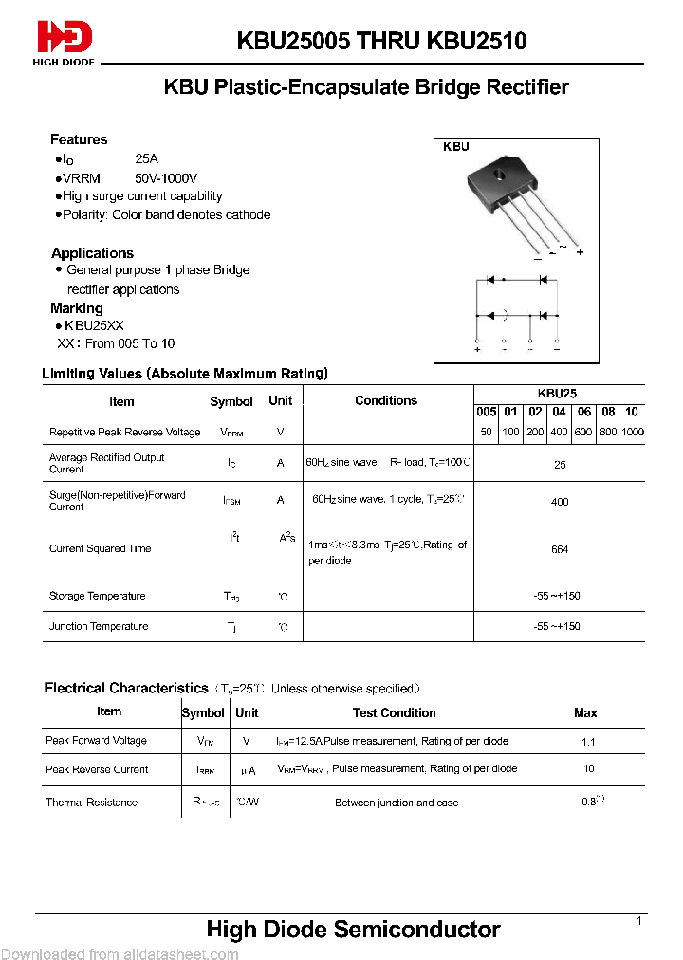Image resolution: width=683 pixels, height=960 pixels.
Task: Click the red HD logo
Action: (65, 38)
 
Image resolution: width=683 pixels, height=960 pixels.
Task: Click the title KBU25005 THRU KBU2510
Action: (381, 41)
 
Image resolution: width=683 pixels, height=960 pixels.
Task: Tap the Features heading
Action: (79, 139)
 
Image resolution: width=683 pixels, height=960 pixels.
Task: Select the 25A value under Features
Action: (147, 160)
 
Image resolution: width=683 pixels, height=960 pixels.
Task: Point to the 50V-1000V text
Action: (166, 178)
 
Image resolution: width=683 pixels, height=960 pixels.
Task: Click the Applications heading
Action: (92, 253)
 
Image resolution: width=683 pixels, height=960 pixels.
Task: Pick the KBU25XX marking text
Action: (94, 325)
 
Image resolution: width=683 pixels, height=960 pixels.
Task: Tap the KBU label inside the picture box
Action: (456, 147)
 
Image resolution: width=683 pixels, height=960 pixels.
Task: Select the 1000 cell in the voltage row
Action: (632, 432)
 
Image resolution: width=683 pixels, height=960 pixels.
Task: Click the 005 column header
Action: (486, 412)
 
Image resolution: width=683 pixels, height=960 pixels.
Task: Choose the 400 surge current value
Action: (560, 502)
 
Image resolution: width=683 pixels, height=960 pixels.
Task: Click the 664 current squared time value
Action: (560, 549)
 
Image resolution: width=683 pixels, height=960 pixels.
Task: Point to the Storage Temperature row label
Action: (97, 596)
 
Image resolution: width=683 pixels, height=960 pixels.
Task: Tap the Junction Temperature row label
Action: (99, 626)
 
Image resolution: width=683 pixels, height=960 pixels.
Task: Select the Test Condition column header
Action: (394, 712)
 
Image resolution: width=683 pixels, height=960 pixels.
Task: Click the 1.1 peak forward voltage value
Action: (589, 742)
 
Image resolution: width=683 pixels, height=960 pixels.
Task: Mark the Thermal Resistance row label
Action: (91, 803)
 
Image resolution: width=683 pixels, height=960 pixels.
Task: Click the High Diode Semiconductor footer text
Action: (353, 930)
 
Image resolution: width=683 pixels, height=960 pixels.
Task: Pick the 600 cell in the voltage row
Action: (583, 432)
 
